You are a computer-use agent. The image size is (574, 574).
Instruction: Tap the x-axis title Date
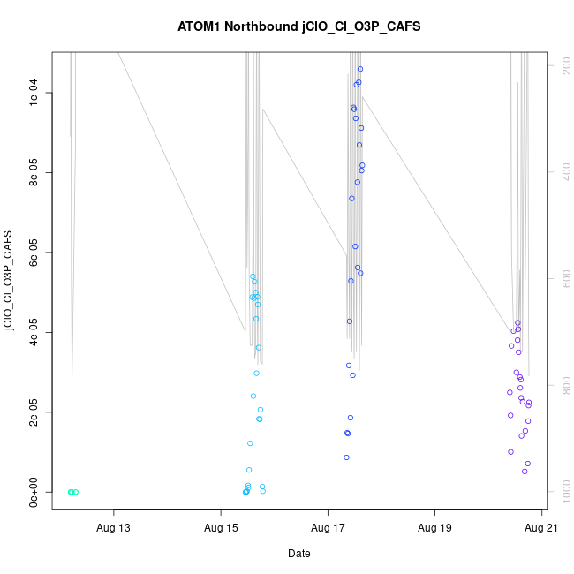click(298, 554)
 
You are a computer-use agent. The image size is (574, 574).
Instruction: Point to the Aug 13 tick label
click(113, 529)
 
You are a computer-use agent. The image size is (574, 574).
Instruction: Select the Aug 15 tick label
click(221, 529)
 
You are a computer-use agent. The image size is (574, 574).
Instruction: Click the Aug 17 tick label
click(328, 529)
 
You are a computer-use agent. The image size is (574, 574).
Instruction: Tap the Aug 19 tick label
click(434, 529)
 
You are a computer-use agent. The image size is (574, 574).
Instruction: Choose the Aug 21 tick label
click(541, 529)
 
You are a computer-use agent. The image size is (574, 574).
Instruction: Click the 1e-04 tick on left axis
click(38, 93)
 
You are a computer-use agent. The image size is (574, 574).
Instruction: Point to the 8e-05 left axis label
click(38, 172)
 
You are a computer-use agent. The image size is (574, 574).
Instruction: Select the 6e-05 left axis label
click(38, 253)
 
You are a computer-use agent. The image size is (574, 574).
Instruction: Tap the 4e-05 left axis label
click(38, 332)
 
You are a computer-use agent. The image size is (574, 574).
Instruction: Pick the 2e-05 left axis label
click(38, 412)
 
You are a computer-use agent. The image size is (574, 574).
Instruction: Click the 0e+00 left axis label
click(38, 492)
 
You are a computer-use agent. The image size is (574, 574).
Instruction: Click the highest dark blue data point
click(360, 69)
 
